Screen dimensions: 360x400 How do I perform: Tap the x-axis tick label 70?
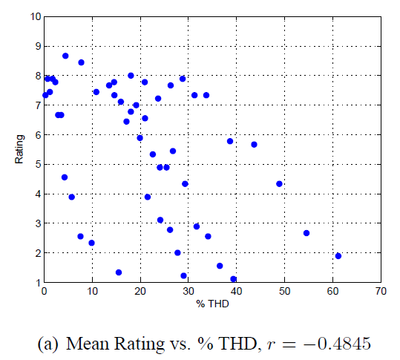[381, 292]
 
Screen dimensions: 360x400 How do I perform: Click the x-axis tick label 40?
[236, 292]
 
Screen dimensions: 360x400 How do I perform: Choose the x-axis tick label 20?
[140, 292]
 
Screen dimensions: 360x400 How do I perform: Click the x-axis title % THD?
[212, 304]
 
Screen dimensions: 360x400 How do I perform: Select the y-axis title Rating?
[22, 149]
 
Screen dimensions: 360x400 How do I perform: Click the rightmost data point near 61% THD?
[338, 256]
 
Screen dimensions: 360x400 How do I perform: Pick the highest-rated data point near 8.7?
[65, 56]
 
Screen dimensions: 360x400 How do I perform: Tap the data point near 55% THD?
[306, 233]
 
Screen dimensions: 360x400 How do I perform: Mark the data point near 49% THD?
[280, 184]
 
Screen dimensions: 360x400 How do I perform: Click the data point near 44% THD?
[254, 145]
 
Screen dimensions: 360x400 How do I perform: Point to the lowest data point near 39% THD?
[234, 279]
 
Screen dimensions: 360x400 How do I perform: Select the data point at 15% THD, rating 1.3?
[119, 272]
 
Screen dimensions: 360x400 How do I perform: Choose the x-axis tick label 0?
[44, 292]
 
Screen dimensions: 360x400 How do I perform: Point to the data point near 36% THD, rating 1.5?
[220, 266]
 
